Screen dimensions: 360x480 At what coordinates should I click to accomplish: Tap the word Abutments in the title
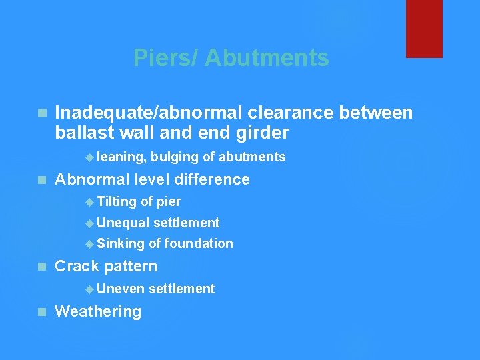[267, 58]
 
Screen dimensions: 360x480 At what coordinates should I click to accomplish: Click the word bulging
[175, 157]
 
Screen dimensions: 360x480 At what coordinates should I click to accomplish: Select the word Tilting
[117, 202]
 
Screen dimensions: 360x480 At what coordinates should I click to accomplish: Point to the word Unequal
[123, 223]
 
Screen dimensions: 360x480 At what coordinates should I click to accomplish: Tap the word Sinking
[121, 244]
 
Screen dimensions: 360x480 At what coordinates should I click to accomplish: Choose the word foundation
[199, 244]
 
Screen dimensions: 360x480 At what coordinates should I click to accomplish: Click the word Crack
[77, 266]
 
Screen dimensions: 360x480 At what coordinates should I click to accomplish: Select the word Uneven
[120, 289]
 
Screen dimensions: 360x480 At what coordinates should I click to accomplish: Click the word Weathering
[98, 311]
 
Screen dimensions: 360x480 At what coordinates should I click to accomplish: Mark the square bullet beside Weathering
[43, 312]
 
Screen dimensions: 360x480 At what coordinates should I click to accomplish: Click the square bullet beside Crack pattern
[43, 267]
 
